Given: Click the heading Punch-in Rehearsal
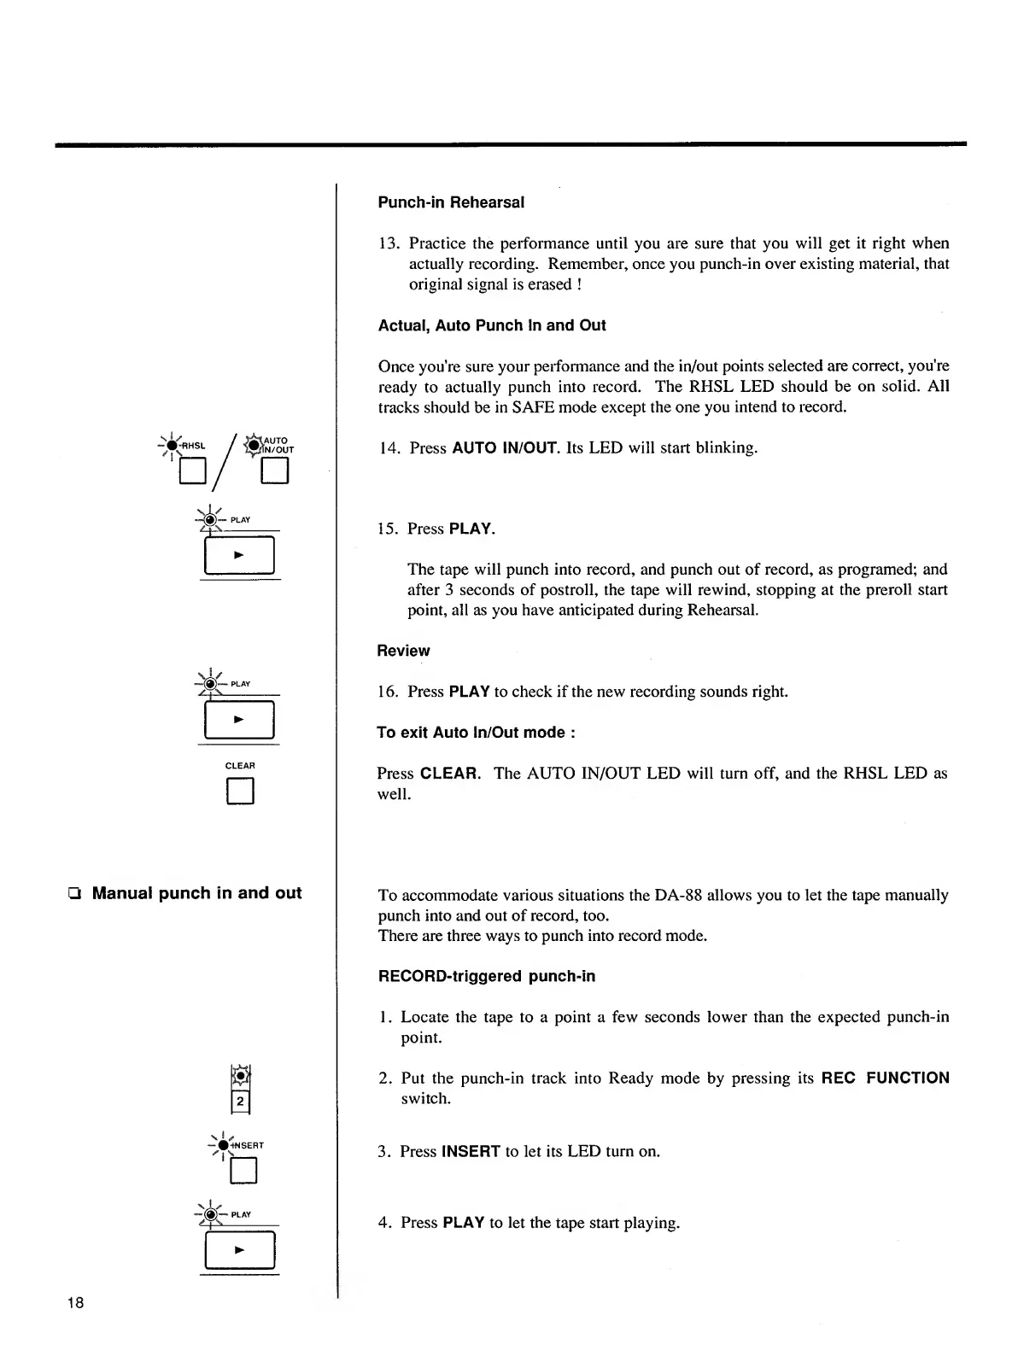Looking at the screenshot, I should (x=450, y=202).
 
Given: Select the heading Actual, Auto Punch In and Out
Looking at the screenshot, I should (x=491, y=325).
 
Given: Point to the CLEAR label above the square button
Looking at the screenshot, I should (x=240, y=766).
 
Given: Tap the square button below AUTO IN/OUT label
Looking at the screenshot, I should (x=275, y=471).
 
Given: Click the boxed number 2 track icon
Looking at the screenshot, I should (x=241, y=1102).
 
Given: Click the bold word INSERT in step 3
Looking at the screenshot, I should (x=471, y=1151).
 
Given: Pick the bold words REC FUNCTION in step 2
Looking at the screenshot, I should (x=885, y=1078).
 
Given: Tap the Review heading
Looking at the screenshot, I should (x=403, y=651).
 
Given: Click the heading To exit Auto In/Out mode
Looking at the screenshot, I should (x=476, y=733).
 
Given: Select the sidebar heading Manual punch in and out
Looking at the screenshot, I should (x=196, y=893).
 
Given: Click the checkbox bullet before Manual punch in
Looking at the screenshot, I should (x=77, y=894).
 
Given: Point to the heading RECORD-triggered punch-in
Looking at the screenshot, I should (x=486, y=976).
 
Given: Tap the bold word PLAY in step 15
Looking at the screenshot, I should (x=471, y=529).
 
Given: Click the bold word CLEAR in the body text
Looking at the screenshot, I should (x=449, y=774).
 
